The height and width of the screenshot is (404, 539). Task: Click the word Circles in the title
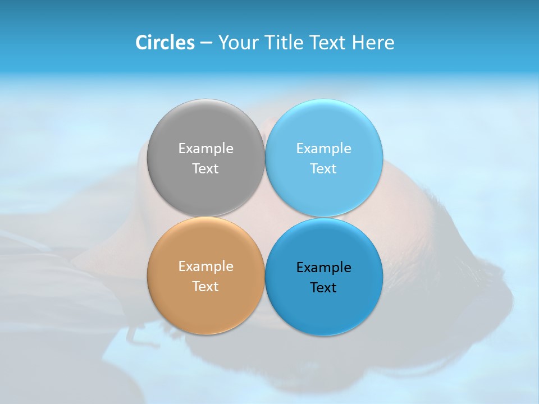(165, 43)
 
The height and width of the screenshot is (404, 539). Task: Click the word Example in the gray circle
(205, 149)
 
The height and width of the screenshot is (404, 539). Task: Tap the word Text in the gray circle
(205, 169)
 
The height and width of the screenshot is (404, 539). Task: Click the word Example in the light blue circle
(323, 149)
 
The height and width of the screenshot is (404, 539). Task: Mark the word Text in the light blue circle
(323, 169)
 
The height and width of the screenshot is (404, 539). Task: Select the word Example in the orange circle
(205, 267)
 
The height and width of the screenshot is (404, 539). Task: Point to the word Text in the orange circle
(205, 287)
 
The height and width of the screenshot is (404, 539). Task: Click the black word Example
(323, 268)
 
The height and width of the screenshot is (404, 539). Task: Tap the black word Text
(323, 288)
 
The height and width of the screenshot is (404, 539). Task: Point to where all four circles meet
(264, 217)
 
